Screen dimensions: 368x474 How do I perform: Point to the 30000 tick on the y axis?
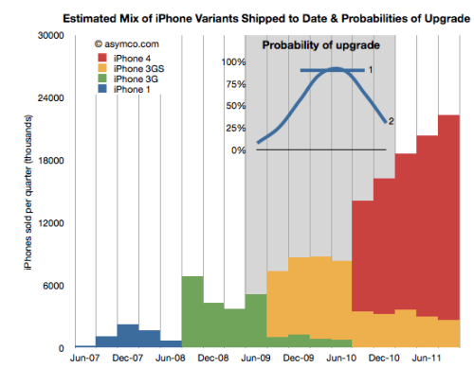click(49, 36)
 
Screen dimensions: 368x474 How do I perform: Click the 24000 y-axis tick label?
click(49, 98)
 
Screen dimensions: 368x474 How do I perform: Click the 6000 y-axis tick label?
click(52, 286)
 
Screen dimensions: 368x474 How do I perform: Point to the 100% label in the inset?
click(233, 62)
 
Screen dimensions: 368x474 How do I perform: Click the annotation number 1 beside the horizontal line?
click(371, 70)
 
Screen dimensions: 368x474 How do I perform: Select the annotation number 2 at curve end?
click(391, 121)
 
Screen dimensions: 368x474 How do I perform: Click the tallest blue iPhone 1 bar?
click(128, 336)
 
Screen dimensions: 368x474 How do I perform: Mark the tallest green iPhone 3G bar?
click(191, 312)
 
